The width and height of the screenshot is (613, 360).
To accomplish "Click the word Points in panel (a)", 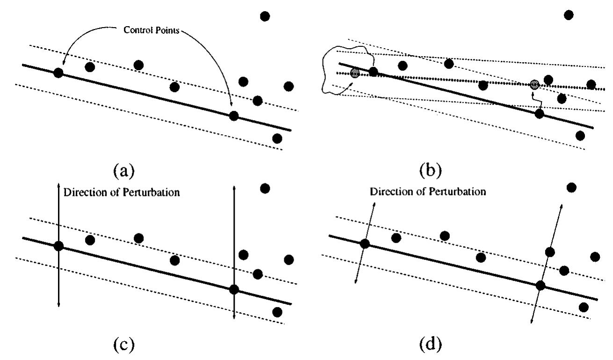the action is (x=167, y=30).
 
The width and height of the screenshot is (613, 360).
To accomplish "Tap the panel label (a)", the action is (x=124, y=171).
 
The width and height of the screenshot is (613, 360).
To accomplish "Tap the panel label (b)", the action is (x=431, y=170).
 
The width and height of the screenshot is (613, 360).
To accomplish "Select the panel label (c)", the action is (x=124, y=345).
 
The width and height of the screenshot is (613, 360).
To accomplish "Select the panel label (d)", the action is (x=431, y=344).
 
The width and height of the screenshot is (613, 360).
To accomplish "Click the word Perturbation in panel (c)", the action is (x=151, y=192).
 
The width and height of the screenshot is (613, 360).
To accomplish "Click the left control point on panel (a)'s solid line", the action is (x=58, y=73).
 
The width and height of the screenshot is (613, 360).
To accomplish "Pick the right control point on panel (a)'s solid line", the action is (x=234, y=116).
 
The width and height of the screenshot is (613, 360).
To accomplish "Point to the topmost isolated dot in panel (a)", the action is (x=265, y=16).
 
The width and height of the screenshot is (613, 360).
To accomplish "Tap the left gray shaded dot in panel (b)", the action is (x=355, y=73).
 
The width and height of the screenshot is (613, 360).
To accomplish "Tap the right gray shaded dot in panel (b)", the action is (x=534, y=85).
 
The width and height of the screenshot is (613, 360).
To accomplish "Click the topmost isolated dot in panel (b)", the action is (x=569, y=15).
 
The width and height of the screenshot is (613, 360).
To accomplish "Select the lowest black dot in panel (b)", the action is (x=580, y=136).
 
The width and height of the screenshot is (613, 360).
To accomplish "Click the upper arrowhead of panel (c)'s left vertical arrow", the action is (x=58, y=186).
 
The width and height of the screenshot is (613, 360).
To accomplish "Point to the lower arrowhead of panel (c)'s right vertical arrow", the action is (x=234, y=317).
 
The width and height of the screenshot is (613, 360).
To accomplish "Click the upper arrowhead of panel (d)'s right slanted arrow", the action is (x=561, y=206).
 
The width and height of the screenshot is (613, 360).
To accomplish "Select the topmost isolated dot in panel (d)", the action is (x=571, y=187).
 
